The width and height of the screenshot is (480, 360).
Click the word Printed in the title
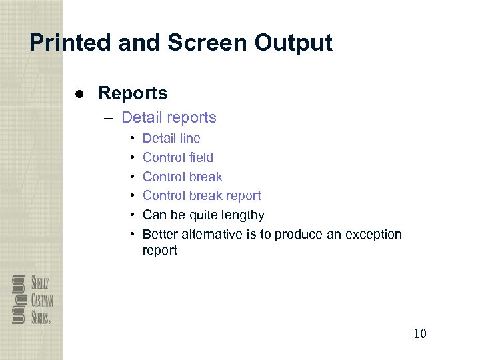click(x=71, y=43)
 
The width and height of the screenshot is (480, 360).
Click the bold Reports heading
click(x=133, y=93)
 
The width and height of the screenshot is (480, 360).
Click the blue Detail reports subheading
click(x=169, y=118)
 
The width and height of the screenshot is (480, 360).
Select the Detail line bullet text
click(x=171, y=139)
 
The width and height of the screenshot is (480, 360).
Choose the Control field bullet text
click(x=178, y=158)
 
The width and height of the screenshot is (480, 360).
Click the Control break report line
click(x=201, y=196)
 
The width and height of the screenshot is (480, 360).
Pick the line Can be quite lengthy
click(x=203, y=215)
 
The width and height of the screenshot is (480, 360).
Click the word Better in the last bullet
click(x=159, y=235)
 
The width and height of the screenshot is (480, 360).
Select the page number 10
click(x=419, y=333)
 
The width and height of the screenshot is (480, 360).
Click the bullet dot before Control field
click(x=133, y=158)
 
